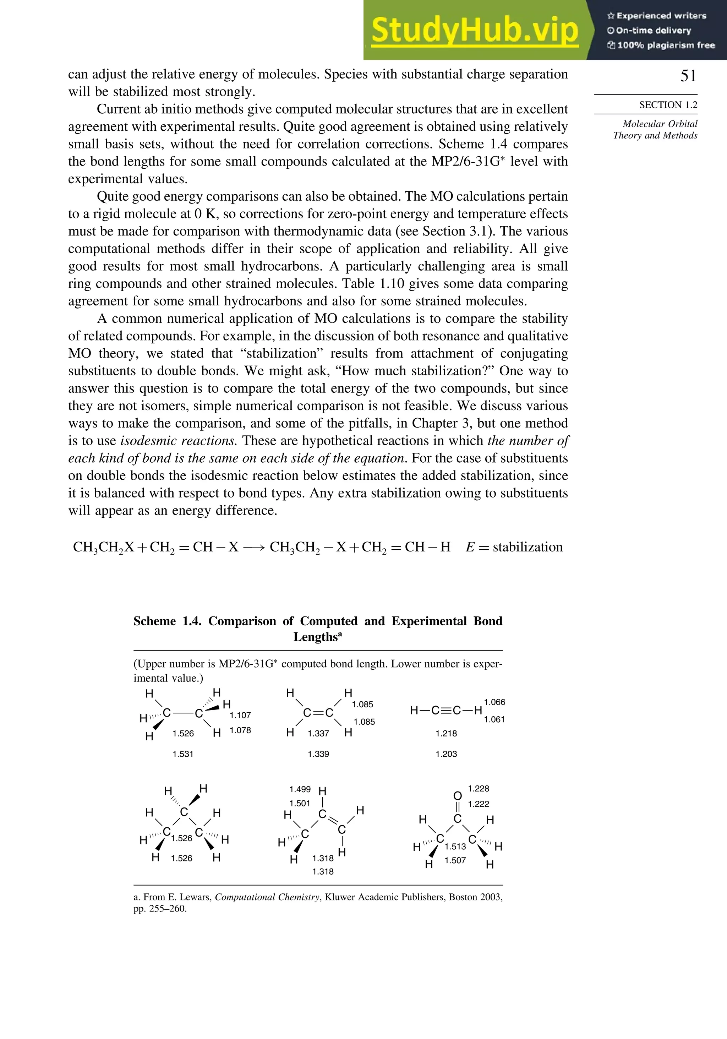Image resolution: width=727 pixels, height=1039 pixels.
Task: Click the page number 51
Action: [688, 76]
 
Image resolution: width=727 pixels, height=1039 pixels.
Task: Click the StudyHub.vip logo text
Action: [475, 30]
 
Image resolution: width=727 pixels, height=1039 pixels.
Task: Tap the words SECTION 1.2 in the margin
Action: [668, 105]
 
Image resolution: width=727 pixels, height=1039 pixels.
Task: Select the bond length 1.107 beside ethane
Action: [240, 715]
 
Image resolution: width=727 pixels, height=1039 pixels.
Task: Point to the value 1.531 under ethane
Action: [183, 754]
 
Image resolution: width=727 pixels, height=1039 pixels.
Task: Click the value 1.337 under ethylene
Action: [318, 734]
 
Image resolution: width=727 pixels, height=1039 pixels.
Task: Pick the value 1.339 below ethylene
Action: [318, 754]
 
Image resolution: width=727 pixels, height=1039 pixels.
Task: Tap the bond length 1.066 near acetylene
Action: [494, 702]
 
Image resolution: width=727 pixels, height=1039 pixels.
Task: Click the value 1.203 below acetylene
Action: [446, 754]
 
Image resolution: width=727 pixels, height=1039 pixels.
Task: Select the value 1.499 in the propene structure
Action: [300, 789]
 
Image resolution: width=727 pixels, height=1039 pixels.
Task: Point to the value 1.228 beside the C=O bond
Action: [478, 789]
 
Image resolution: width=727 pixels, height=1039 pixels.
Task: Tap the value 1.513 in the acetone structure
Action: [455, 847]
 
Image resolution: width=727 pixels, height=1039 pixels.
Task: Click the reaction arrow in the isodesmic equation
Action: [254, 548]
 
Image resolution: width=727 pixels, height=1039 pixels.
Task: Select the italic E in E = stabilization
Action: [470, 547]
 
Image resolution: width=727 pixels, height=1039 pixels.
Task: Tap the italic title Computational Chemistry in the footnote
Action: [267, 897]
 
